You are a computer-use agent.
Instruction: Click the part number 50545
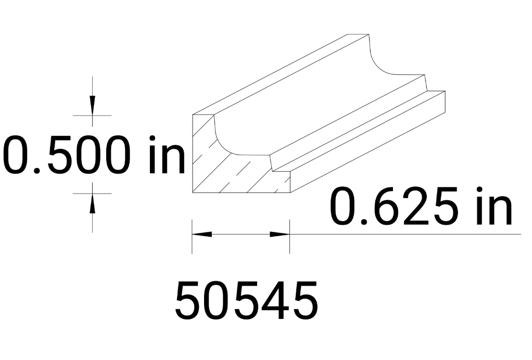tap(246, 301)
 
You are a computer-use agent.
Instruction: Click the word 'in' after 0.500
tap(166, 155)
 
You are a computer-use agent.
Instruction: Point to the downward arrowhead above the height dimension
tap(92, 106)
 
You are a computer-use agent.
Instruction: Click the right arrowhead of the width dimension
tap(280, 234)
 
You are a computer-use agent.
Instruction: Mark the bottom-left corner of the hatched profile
tap(193, 192)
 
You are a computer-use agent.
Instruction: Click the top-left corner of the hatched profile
tap(193, 115)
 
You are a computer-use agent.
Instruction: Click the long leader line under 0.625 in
tap(416, 234)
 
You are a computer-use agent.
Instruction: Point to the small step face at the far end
tap(427, 84)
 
